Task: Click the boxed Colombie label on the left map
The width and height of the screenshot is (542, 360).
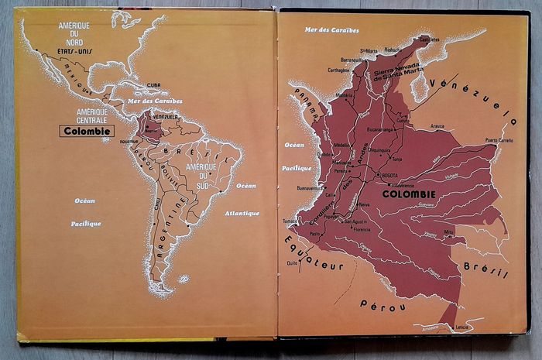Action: pyautogui.click(x=88, y=131)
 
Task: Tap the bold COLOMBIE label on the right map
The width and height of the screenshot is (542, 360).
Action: pyautogui.click(x=408, y=194)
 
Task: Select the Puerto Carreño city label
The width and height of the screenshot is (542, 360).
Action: pyautogui.click(x=500, y=140)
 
